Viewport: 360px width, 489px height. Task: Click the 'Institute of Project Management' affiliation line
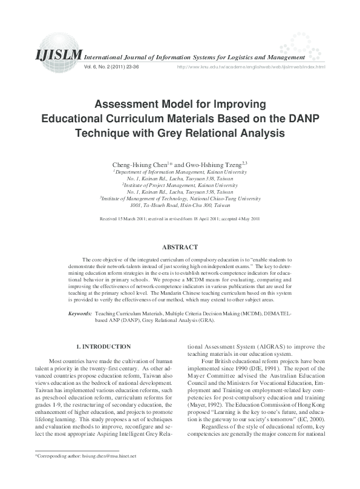pos(180,185)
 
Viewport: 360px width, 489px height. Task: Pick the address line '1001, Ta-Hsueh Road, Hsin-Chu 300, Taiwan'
pos(180,204)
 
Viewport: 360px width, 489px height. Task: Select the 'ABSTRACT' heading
pos(180,247)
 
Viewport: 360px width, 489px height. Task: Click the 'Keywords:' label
pos(80,315)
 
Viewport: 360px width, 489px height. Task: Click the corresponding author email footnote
pos(87,473)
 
